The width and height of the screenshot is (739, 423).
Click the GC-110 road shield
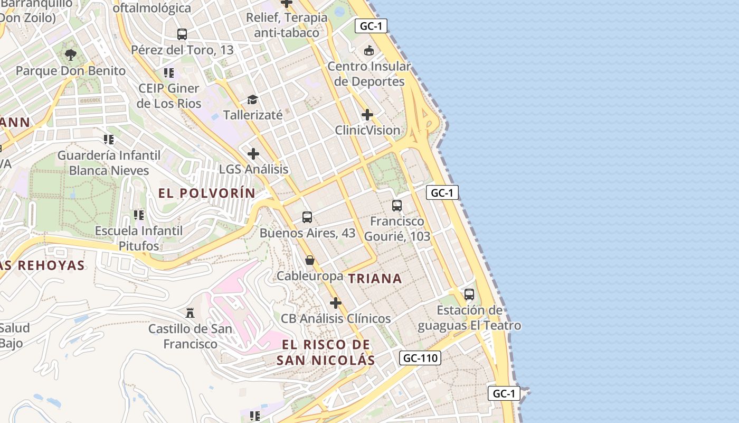tap(420, 358)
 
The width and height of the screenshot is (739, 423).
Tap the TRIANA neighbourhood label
tap(375, 279)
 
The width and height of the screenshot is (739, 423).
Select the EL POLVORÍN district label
tap(207, 193)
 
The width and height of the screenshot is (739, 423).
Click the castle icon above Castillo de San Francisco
tap(190, 312)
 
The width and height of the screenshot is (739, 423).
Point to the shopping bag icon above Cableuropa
tap(310, 260)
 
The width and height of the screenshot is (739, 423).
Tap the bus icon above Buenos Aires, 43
tap(307, 217)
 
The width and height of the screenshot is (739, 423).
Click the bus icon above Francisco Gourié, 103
tap(397, 205)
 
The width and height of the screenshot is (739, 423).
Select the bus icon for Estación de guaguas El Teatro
tap(469, 294)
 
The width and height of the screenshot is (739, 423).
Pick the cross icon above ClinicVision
tap(367, 114)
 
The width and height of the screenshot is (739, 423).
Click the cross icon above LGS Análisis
tap(253, 154)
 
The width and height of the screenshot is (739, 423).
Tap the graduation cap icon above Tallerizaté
tap(252, 99)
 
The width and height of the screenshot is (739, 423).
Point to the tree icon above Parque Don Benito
tap(71, 54)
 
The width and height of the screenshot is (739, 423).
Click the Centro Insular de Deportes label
tap(369, 74)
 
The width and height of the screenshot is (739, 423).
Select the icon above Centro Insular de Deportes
tap(368, 51)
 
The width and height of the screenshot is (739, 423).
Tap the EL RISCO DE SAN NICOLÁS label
tap(326, 353)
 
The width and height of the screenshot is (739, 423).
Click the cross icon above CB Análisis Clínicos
tap(335, 303)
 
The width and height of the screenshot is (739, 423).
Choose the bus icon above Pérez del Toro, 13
tap(182, 34)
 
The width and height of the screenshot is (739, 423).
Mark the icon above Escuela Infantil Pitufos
tap(139, 215)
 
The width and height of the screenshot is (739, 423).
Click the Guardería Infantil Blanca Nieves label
tap(109, 163)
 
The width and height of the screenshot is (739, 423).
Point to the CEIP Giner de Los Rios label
tap(169, 96)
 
